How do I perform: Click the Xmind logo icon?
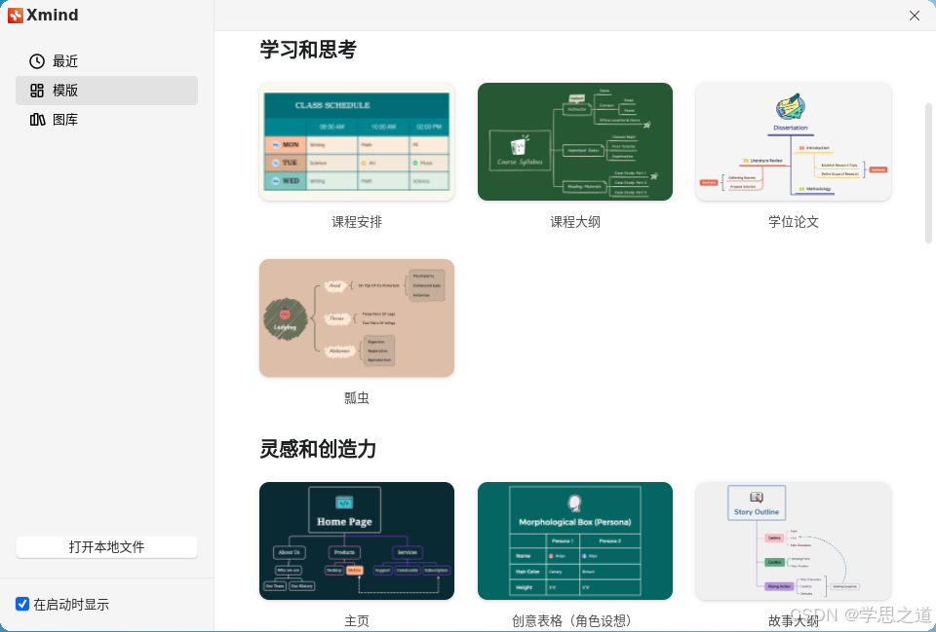tap(16, 16)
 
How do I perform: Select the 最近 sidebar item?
tap(65, 61)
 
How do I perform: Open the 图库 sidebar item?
tap(65, 120)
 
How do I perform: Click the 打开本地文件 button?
tap(106, 547)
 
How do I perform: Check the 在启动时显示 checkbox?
tap(22, 604)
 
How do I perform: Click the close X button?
tap(915, 16)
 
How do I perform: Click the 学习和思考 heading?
tap(308, 49)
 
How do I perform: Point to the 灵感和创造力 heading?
tap(318, 449)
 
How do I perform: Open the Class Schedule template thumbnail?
tap(357, 141)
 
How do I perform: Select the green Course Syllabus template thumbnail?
tap(575, 141)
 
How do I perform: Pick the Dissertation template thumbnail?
tap(793, 141)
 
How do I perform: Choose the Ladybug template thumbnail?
tap(357, 317)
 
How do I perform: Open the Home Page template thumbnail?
tap(357, 540)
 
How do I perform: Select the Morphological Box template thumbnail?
tap(575, 540)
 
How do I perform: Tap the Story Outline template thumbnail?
tap(793, 540)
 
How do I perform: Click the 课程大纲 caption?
tap(575, 222)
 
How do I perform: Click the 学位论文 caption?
tap(793, 222)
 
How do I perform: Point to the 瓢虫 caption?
tap(357, 398)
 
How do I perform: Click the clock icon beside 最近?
tap(37, 61)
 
